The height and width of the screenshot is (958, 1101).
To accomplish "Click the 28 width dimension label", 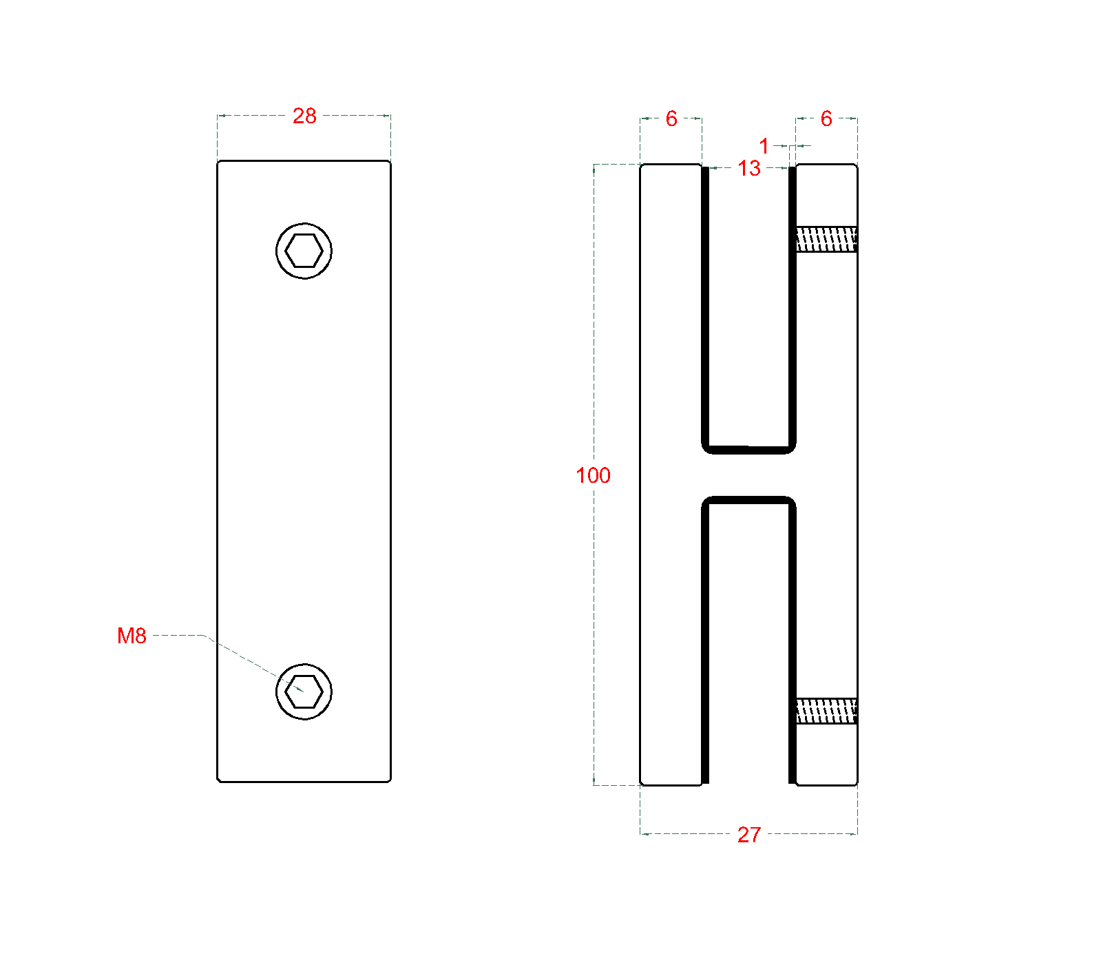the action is pos(304,116).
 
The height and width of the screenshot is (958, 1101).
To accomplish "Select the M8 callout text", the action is pos(132,636).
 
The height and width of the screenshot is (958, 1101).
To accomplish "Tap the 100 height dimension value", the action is pos(593,475).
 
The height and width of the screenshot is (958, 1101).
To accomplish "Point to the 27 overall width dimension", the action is pos(749,835).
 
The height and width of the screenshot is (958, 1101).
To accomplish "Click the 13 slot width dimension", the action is pos(749,168).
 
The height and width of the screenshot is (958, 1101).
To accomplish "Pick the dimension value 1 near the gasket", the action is pos(764,146).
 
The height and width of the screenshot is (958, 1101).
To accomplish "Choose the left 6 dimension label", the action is pos(671,118).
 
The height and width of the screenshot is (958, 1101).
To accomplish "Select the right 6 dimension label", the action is pos(826,118).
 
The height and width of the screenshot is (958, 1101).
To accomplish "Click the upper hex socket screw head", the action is pos(304,251).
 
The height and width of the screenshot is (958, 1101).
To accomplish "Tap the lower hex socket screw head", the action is pos(304,691).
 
